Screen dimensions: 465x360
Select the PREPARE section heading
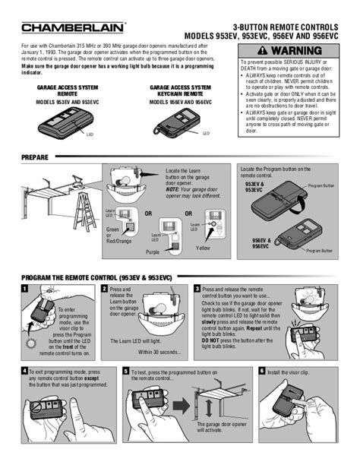coord(35,157)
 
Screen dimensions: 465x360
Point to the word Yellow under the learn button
coord(204,248)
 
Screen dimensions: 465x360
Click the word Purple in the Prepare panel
coord(153,252)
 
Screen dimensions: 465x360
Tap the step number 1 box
coord(25,289)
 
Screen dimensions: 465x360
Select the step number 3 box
coord(197,289)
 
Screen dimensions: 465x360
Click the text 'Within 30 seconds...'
coord(159,352)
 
